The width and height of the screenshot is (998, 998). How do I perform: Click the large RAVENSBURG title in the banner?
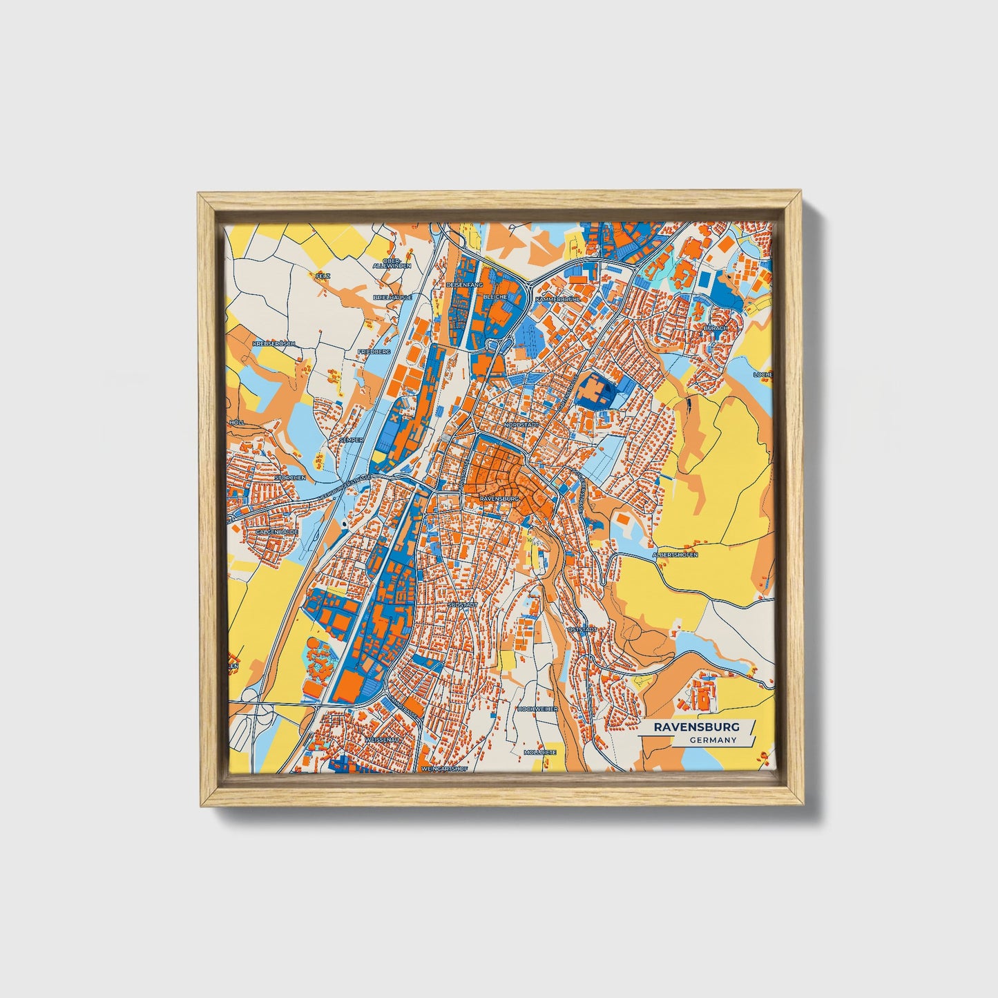(x=697, y=727)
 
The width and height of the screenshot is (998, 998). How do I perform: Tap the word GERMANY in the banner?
(x=712, y=740)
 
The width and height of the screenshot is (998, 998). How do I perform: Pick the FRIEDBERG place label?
(x=374, y=352)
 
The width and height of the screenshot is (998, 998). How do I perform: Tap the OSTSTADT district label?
(x=581, y=630)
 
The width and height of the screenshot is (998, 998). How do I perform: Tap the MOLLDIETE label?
(x=539, y=751)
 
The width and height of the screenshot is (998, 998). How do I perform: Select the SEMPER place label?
(x=351, y=439)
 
